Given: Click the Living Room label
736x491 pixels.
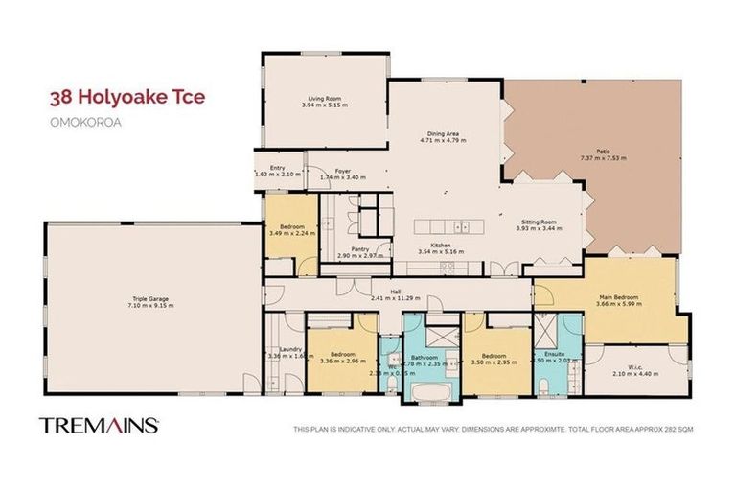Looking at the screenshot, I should pos(321,97).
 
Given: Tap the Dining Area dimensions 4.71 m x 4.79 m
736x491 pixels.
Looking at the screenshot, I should pos(443,141).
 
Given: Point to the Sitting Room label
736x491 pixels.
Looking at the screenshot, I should pos(537,222).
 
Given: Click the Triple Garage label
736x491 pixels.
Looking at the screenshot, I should pos(150,300).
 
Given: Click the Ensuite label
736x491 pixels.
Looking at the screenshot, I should pos(555,355).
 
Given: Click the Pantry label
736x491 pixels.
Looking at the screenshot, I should pos(360,249).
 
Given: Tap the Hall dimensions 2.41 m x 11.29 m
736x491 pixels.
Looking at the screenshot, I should pos(394,297).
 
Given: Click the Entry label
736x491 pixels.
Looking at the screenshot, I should pos(277,168).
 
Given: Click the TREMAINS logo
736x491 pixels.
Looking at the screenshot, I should pos(99,424).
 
